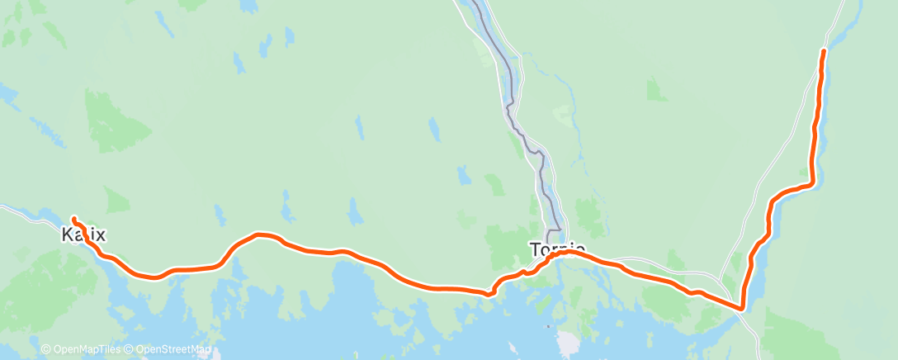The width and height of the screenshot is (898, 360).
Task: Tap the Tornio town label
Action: pos(558,248)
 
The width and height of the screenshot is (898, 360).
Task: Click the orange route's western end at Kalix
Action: pos(73,219)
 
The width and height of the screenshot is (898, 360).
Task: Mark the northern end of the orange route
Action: pos(823,52)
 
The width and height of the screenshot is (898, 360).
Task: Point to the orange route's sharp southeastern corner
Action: pos(742,308)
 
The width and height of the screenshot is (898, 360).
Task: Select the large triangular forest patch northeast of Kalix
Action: pos(116,124)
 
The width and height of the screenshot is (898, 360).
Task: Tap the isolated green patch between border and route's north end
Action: pos(657,89)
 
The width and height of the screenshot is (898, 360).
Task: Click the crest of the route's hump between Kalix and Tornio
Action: pos(260,234)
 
